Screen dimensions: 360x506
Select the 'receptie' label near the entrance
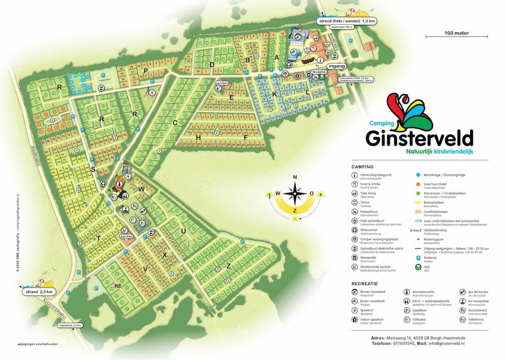coord(319,72)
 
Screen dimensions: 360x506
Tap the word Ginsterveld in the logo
coord(420,138)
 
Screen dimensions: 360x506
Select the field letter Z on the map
coord(229,265)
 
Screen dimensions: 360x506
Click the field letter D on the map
coord(213,65)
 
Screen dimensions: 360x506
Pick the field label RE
coord(118,287)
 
